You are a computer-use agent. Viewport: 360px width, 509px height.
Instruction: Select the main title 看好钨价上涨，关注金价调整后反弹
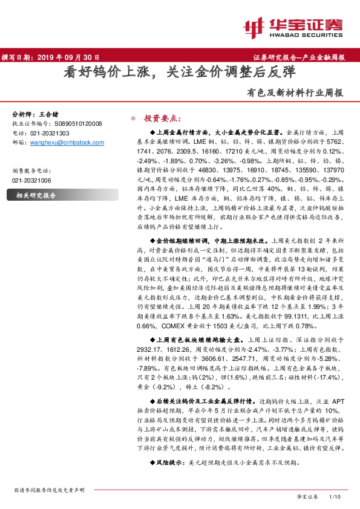[180, 73]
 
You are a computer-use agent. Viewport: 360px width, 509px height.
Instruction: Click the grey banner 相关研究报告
[36, 195]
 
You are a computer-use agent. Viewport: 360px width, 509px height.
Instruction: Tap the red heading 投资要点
[160, 118]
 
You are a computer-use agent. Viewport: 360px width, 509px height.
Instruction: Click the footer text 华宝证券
[307, 496]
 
